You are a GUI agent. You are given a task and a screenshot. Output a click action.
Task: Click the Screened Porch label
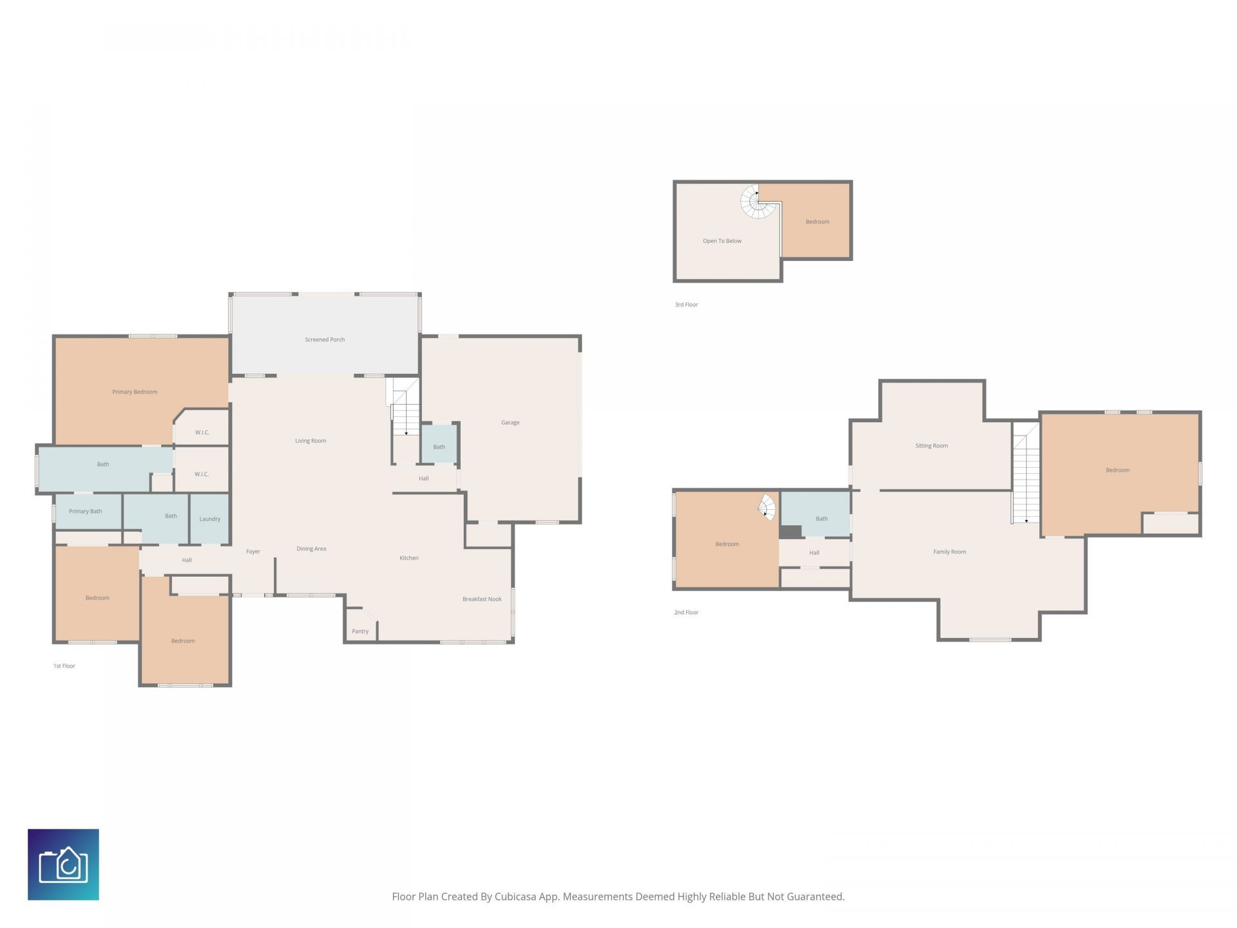tap(325, 340)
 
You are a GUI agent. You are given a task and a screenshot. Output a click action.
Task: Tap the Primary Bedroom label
tap(135, 392)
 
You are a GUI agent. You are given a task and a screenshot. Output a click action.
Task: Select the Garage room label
tap(510, 423)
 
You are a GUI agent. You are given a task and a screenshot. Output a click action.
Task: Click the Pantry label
tap(360, 632)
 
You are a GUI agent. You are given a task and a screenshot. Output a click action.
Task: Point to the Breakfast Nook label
tap(482, 599)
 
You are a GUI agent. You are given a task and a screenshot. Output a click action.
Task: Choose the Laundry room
tap(210, 519)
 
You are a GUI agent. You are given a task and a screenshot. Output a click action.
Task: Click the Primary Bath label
tap(86, 511)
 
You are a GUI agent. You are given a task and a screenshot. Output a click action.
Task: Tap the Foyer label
tap(253, 552)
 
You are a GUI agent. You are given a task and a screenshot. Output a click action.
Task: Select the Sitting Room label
tap(932, 446)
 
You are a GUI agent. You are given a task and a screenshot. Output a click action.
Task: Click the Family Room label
tap(950, 552)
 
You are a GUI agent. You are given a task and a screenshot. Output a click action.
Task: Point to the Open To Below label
tap(722, 241)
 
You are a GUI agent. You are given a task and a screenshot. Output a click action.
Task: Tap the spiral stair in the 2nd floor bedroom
tap(767, 507)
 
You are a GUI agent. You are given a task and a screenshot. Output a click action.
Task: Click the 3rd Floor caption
tap(686, 305)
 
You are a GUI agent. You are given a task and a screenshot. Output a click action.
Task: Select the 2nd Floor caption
tap(686, 612)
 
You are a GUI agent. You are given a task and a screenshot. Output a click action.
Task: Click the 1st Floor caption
tap(64, 666)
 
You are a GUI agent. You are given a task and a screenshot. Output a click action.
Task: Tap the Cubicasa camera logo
tap(63, 864)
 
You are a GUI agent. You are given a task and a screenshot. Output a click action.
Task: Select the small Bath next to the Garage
tap(439, 446)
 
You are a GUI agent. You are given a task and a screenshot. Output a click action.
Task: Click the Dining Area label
tap(311, 549)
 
